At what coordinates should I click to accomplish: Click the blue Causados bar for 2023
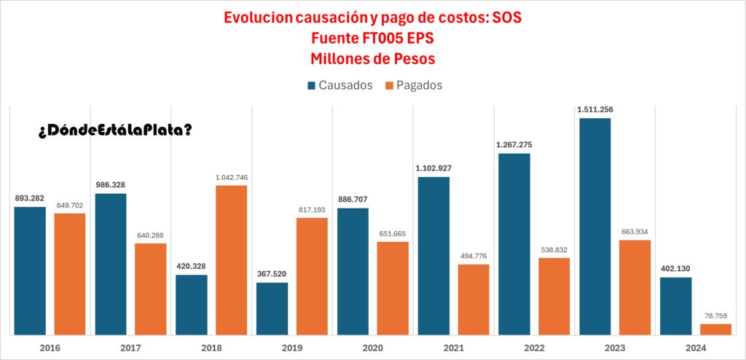click(594, 226)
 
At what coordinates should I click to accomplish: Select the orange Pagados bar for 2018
click(231, 260)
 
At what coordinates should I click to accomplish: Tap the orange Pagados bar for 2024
click(715, 329)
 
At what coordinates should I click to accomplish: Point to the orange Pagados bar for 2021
click(474, 300)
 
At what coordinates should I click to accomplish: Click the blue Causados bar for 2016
click(30, 270)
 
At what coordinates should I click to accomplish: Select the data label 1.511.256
click(594, 109)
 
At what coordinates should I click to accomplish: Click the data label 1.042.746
click(231, 177)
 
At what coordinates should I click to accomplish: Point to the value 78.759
click(715, 316)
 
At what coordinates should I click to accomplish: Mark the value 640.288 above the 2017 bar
click(151, 235)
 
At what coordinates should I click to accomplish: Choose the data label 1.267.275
click(514, 145)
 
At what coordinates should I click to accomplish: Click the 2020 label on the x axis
click(372, 347)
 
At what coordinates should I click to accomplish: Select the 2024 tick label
click(695, 347)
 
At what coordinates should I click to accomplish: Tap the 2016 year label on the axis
click(50, 347)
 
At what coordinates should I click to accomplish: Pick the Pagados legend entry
click(414, 85)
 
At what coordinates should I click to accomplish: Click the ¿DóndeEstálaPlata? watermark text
click(115, 130)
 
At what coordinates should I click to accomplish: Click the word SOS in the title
click(508, 17)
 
